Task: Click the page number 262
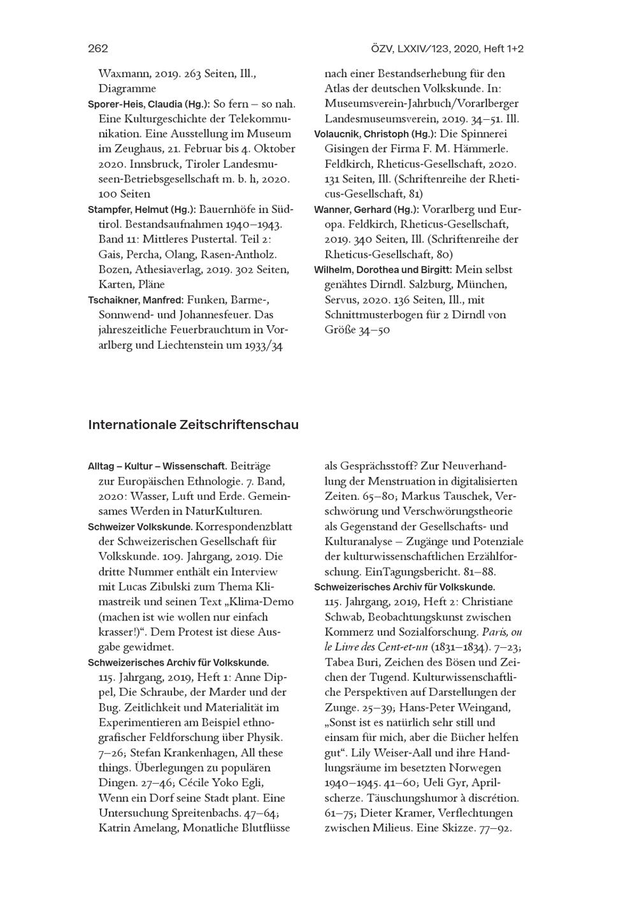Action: click(98, 48)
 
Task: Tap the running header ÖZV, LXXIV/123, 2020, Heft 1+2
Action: click(447, 48)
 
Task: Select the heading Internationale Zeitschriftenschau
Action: click(193, 425)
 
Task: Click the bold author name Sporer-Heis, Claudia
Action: click(134, 104)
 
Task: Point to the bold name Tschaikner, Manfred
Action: click(134, 300)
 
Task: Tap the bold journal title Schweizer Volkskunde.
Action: click(140, 527)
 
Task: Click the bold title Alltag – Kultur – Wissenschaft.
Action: click(157, 466)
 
